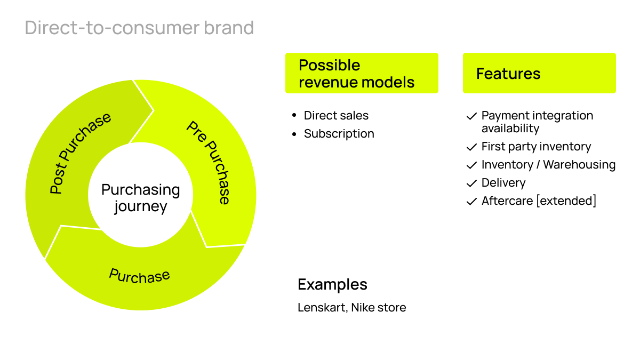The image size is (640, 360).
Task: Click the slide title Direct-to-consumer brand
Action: tap(139, 28)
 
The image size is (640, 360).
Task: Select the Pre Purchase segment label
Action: tap(209, 162)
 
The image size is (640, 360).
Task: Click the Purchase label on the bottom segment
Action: tap(139, 276)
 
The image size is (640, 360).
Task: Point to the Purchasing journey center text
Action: tap(141, 198)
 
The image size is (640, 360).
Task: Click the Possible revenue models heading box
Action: tap(362, 74)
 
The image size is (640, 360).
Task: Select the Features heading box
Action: tap(539, 74)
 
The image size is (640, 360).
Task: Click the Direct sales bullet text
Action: tap(336, 116)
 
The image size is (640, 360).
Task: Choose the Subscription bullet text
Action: tap(339, 134)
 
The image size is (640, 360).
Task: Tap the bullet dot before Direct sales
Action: tap(294, 116)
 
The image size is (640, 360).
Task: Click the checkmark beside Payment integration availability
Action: tap(471, 116)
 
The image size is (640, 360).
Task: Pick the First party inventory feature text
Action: tap(536, 147)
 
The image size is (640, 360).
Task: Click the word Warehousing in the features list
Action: tap(579, 165)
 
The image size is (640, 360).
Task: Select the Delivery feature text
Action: tap(503, 183)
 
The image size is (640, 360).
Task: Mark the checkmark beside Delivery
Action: tap(471, 183)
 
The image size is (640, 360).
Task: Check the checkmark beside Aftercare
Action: tap(471, 202)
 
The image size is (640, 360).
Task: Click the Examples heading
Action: tap(332, 284)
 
